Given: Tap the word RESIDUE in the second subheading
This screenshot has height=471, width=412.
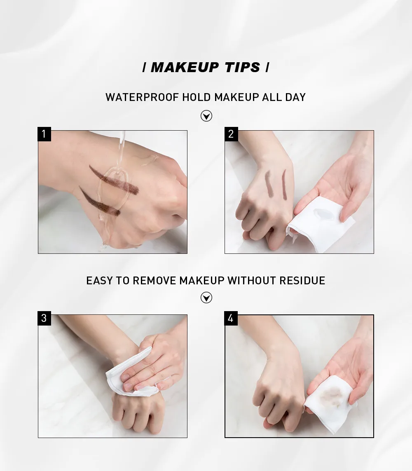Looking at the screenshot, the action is pos(302,281).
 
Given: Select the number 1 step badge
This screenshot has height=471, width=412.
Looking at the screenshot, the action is pos(44,134).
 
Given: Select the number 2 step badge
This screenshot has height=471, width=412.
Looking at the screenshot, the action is pos(231,134).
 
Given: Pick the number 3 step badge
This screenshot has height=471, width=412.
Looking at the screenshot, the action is pos(44,318).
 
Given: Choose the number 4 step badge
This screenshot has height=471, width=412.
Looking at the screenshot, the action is pos(231,318).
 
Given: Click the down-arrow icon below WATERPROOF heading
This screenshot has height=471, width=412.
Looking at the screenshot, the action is pos(206,116).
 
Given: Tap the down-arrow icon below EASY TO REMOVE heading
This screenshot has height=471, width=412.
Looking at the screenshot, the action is pos(206,298).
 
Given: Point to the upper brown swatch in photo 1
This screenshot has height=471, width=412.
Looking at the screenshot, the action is pos(114,180).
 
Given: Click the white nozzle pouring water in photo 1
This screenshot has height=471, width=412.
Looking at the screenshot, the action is pos(121,137).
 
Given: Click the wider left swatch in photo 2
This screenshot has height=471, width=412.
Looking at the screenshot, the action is pos(269,184).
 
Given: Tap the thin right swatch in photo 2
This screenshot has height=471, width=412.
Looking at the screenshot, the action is pos(284,185).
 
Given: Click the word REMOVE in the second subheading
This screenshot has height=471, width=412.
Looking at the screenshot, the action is pos(154,281).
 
